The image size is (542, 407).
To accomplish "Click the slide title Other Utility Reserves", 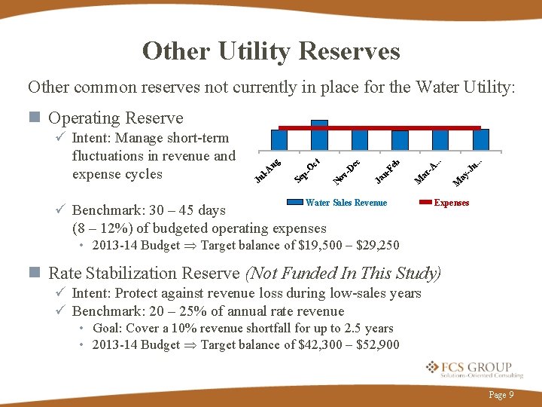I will [271, 51].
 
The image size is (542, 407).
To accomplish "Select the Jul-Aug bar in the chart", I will [279, 140].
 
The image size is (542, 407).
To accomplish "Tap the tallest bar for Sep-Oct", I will [319, 136].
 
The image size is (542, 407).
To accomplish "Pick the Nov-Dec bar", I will [360, 140].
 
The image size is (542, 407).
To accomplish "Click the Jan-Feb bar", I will [400, 141].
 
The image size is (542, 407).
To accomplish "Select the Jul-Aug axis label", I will [267, 170].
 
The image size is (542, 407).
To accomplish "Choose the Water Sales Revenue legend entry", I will [346, 203].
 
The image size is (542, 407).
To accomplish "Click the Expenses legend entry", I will [451, 203].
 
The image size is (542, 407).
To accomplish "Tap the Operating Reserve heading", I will [115, 118].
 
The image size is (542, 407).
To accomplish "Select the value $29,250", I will [378, 245].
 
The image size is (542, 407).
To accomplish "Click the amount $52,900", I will [379, 345].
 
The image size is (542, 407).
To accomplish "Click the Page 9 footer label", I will [501, 394].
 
